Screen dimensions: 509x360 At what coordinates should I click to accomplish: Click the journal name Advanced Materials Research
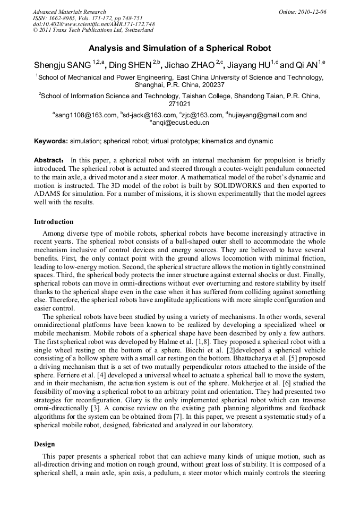69,12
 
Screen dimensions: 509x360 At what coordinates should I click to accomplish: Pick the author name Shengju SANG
62,65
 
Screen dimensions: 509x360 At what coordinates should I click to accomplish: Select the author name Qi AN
306,65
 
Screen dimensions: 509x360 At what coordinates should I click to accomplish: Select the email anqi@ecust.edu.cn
181,123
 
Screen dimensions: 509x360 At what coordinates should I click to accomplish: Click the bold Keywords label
51,141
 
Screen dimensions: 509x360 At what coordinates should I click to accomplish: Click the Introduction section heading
54,222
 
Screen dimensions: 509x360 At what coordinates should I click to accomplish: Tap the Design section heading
45,444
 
